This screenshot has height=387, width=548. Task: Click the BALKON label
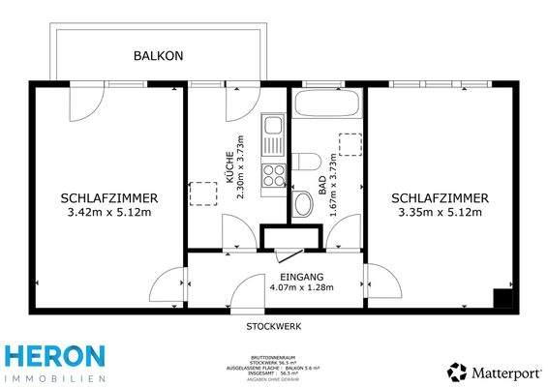coord(158,56)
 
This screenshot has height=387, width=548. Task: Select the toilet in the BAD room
coord(308,162)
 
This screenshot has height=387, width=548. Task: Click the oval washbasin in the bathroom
coord(303,203)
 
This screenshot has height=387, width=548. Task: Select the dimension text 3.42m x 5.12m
coord(109,212)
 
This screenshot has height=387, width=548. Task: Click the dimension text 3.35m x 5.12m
coord(440,212)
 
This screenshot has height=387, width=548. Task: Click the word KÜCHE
coord(228,166)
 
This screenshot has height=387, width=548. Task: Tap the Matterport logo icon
coord(454,371)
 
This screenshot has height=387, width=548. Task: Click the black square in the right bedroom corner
coord(501,299)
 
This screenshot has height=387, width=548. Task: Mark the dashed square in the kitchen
coord(203,193)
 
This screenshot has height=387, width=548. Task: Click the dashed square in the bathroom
coord(350,142)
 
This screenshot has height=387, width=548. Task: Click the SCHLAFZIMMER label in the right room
coord(440,197)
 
